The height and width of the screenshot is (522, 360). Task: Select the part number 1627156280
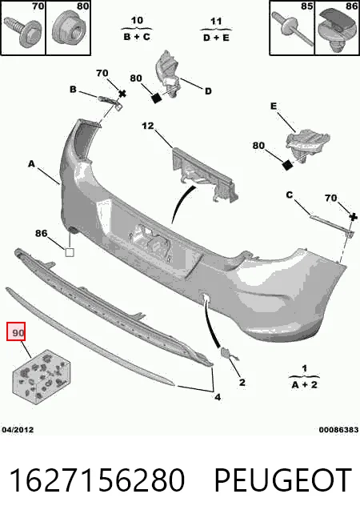click(x=97, y=480)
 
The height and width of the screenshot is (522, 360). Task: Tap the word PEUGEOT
click(x=283, y=480)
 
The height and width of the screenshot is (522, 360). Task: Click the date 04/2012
click(x=18, y=430)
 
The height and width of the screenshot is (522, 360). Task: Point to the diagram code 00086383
click(x=338, y=430)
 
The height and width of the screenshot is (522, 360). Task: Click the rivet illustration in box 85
click(x=292, y=28)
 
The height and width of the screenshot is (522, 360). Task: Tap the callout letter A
click(x=31, y=164)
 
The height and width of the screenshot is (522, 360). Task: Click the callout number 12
click(x=148, y=126)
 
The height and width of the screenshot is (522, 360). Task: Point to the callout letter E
click(x=274, y=106)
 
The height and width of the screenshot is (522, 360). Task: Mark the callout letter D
click(x=208, y=91)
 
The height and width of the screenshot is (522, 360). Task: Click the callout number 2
click(x=242, y=383)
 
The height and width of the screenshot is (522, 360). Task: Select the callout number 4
click(x=218, y=397)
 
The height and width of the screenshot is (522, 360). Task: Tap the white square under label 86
click(x=70, y=252)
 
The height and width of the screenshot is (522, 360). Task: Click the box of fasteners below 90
click(x=42, y=377)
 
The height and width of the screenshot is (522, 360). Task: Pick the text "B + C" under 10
click(x=137, y=37)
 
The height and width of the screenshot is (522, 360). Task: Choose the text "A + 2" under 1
click(x=305, y=385)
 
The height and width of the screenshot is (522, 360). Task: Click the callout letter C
click(x=290, y=195)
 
